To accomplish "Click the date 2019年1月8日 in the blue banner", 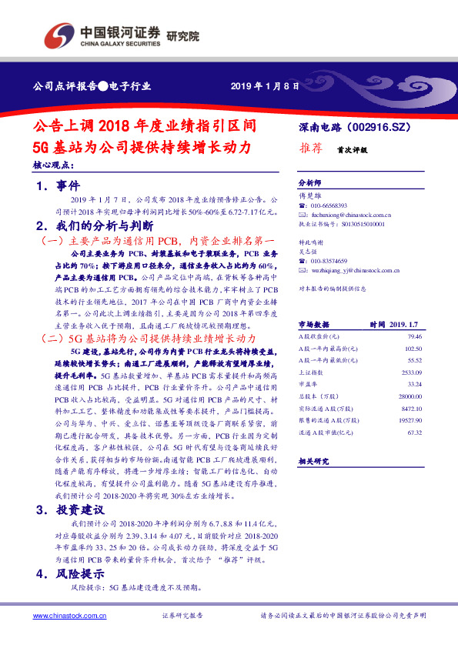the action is (x=265, y=86).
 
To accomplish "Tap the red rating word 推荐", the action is (x=311, y=150).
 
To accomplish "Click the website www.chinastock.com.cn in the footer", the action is (x=65, y=616).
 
